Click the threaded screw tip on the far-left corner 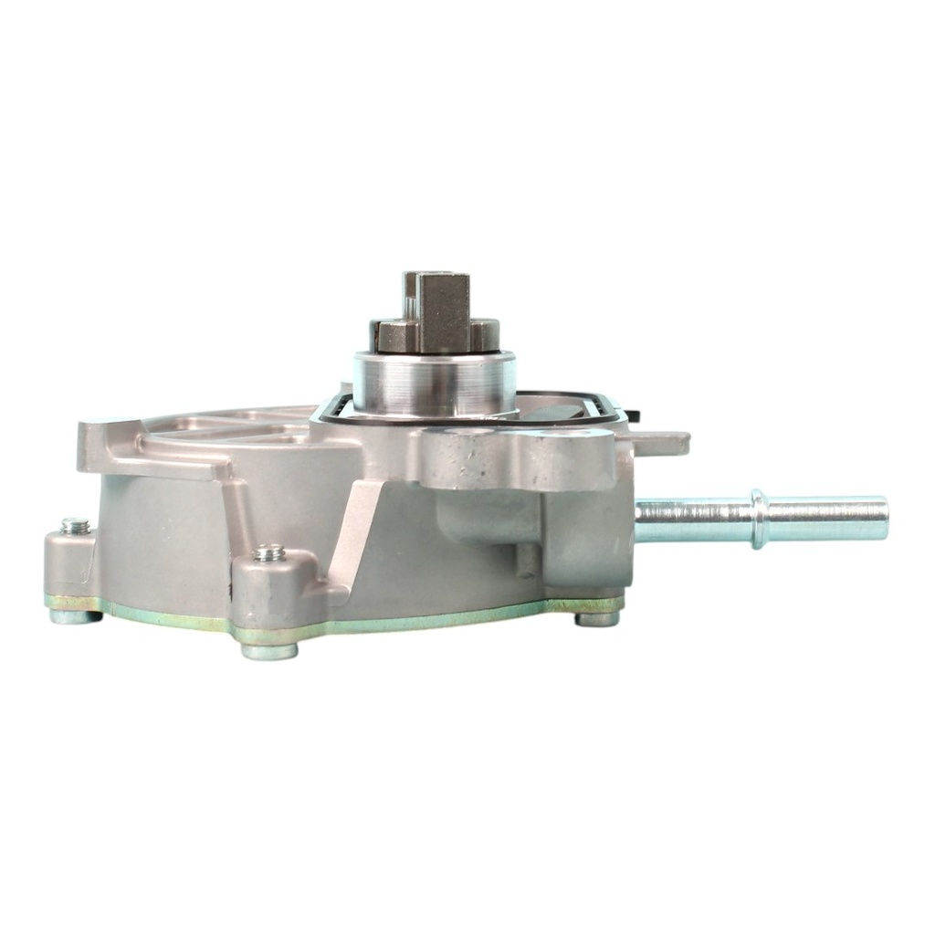click(x=76, y=526)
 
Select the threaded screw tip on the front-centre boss click(x=269, y=552)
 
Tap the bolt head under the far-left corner click(x=75, y=616)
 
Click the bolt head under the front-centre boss click(x=269, y=650)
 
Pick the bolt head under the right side click(x=598, y=618)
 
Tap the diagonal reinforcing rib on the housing click(x=356, y=530)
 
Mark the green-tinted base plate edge click(x=411, y=619)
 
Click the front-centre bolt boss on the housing click(x=274, y=584)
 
